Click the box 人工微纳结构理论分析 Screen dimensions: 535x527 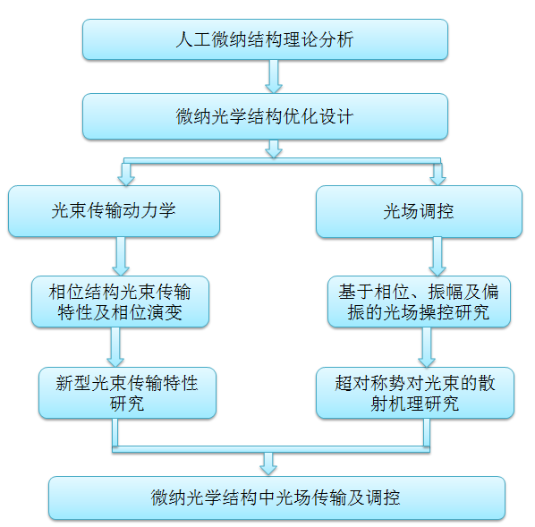click(265, 39)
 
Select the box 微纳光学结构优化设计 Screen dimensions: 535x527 click(265, 116)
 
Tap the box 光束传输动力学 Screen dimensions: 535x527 click(114, 211)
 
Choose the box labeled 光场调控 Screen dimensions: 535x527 click(419, 211)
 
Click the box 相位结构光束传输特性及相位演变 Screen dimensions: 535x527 click(120, 302)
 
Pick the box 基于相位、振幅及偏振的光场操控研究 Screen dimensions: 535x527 click(419, 302)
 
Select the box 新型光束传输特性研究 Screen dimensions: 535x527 click(127, 393)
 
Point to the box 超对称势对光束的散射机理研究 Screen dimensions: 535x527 click(415, 393)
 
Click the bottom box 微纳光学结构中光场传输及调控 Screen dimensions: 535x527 click(276, 497)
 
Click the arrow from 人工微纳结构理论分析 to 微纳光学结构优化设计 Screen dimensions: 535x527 click(274, 76)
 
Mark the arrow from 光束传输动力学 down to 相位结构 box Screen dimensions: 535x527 click(121, 256)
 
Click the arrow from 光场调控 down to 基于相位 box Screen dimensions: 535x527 click(437, 256)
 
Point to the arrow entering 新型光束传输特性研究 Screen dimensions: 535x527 click(115, 347)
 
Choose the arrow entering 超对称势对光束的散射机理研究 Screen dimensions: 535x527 click(427, 347)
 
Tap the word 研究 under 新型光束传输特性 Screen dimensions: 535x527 click(127, 404)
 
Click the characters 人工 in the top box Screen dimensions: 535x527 click(193, 39)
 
